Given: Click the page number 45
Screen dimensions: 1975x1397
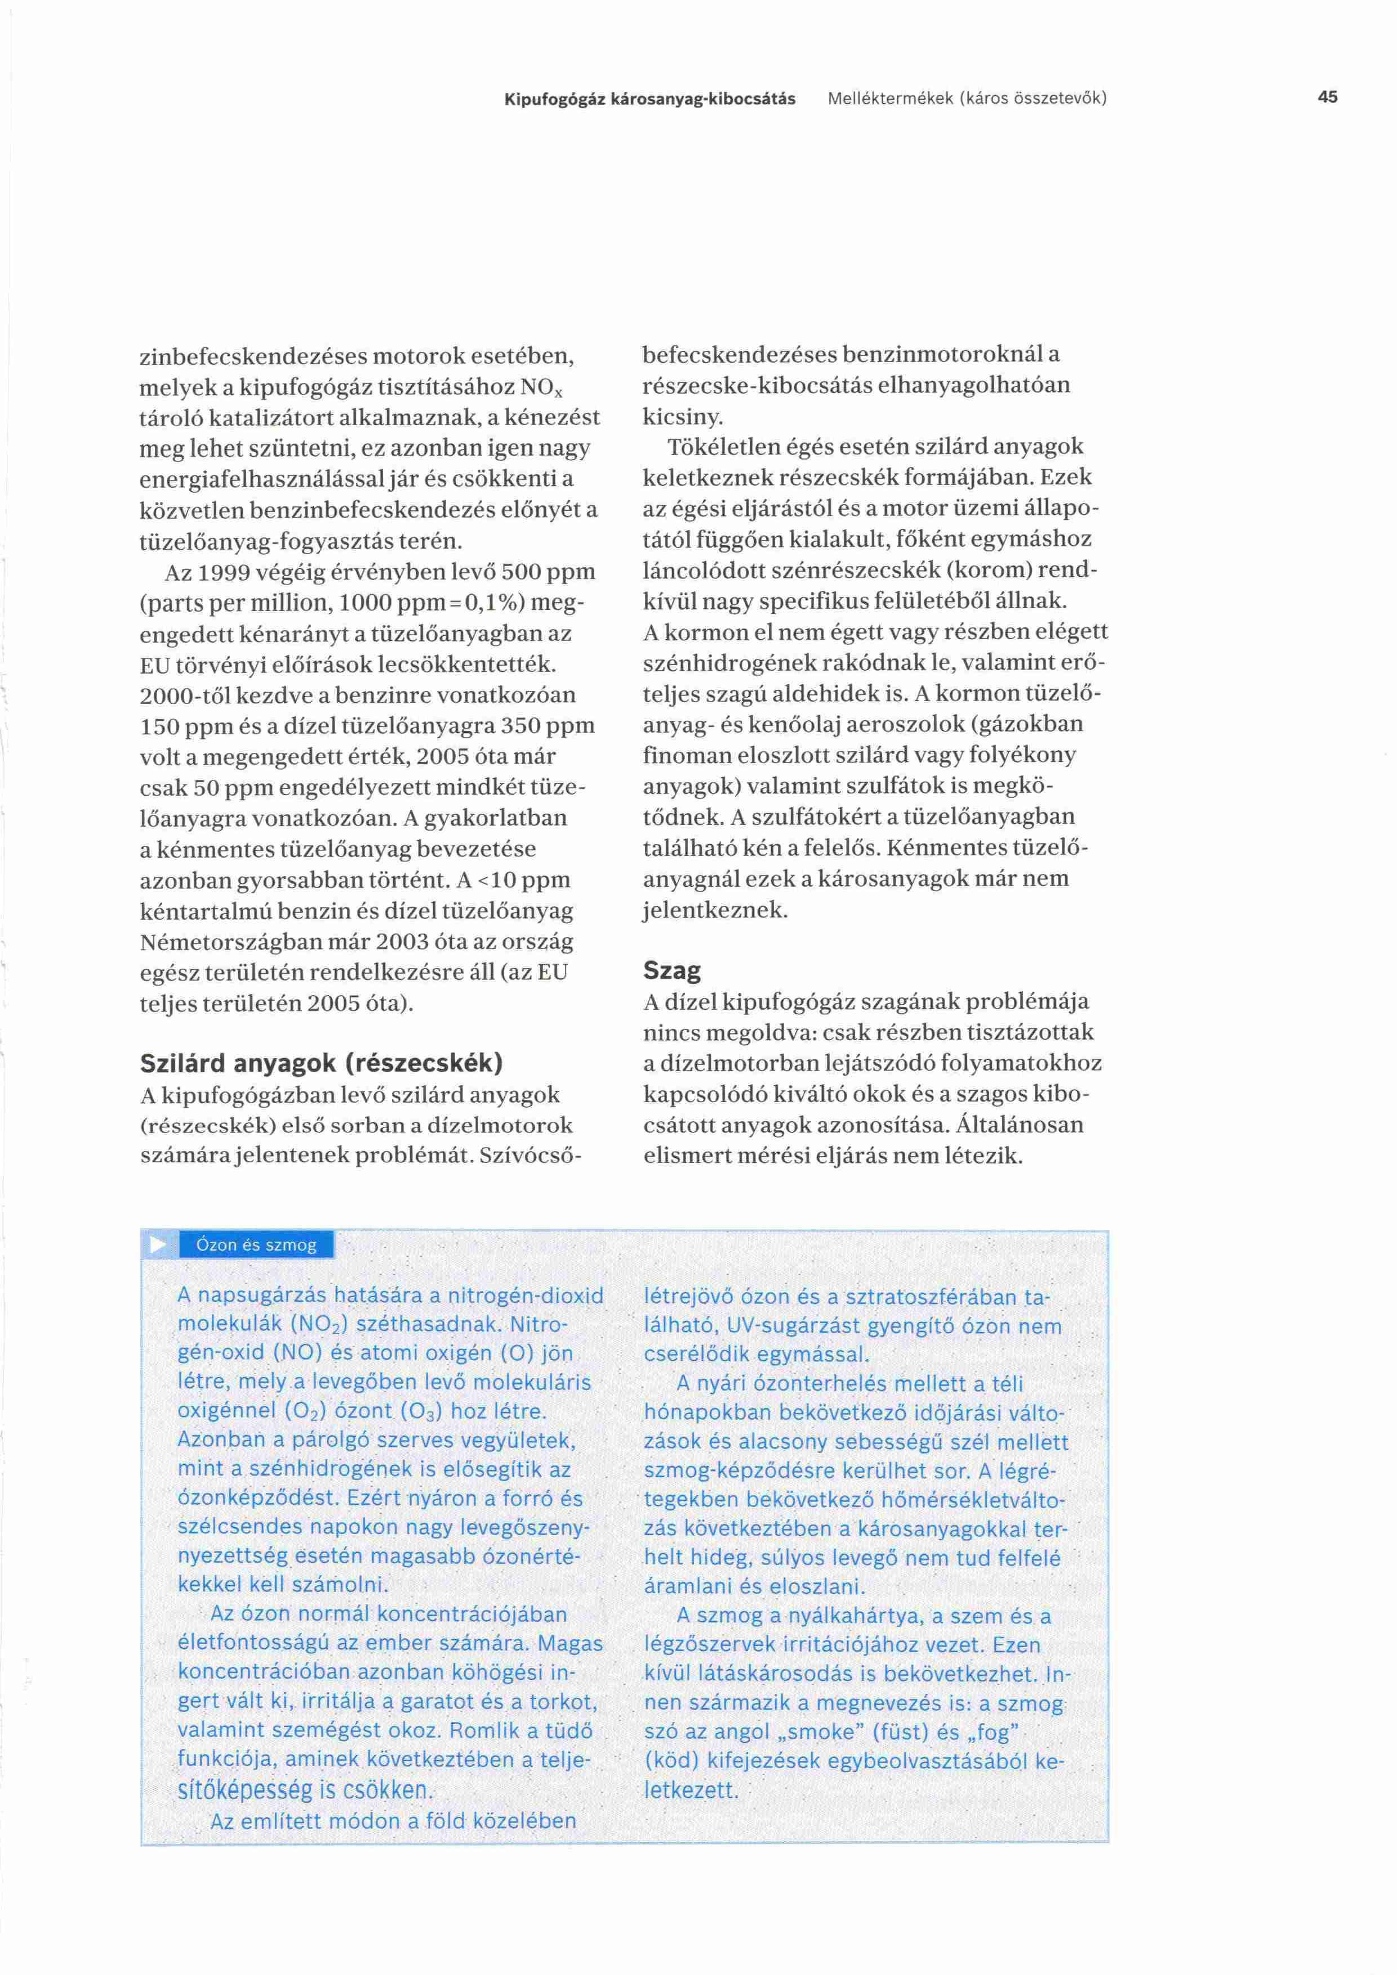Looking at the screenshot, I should click(x=1327, y=97).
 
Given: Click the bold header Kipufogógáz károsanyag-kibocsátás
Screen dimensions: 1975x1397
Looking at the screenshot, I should click(x=649, y=99).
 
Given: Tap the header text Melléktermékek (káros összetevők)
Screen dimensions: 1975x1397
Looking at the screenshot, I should click(x=967, y=99).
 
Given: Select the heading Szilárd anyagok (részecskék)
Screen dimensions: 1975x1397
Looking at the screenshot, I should click(x=322, y=1063).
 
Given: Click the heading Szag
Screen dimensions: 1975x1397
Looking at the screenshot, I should click(x=672, y=971).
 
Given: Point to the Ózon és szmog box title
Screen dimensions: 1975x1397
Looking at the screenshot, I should click(x=256, y=1245).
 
